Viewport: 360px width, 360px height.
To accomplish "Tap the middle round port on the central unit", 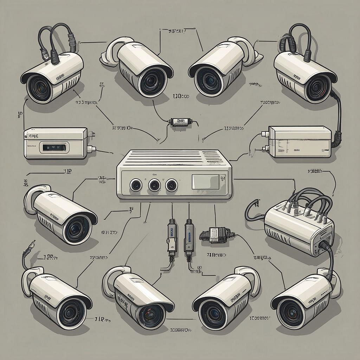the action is click(154, 185).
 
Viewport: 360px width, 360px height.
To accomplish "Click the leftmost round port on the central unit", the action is click(136, 184).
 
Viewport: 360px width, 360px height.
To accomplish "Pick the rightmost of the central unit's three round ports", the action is click(171, 185).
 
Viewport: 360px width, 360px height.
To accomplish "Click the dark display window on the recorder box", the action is click(54, 147).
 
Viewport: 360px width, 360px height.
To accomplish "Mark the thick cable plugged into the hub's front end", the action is click(329, 253).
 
